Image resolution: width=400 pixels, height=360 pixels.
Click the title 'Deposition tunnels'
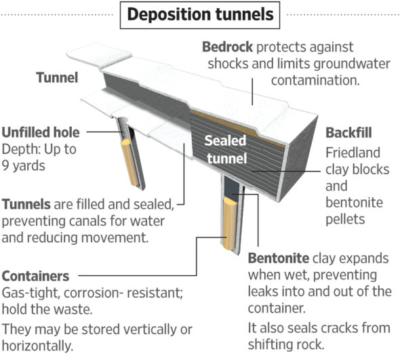[199, 14]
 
